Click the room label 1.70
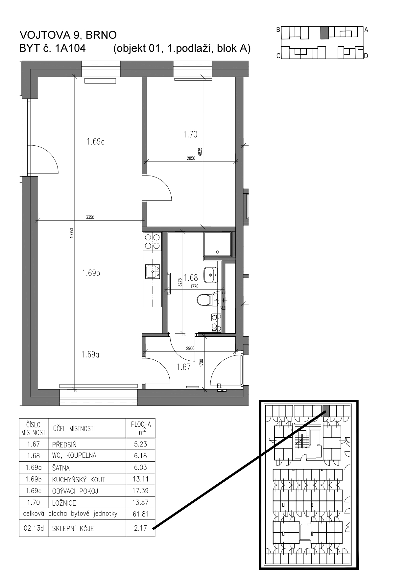[190, 134]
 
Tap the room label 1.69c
[96, 142]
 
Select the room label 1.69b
[91, 273]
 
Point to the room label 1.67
[183, 367]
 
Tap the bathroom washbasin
[210, 275]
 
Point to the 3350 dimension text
[90, 217]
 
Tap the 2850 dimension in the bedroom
[191, 158]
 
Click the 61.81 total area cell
[140, 514]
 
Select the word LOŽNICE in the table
[64, 503]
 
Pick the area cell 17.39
[140, 491]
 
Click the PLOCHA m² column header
[141, 428]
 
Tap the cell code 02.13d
[34, 528]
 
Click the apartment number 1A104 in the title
[71, 48]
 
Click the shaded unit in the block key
[324, 33]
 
